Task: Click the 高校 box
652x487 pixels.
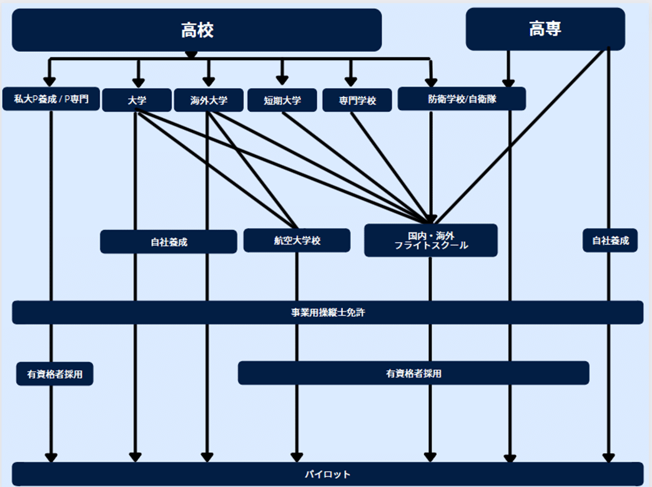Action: [197, 29]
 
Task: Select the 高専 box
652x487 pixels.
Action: [545, 29]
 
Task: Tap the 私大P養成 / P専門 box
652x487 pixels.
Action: [51, 99]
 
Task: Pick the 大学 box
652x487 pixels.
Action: [137, 99]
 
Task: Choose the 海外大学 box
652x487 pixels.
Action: [209, 99]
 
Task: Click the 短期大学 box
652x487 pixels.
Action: [282, 100]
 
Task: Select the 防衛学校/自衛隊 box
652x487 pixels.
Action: [462, 99]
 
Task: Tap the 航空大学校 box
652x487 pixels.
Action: [297, 240]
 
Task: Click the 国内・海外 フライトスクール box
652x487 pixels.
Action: [431, 240]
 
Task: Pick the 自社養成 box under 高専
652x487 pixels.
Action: [610, 240]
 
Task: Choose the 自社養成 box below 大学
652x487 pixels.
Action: [169, 242]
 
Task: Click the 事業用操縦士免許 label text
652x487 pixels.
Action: [328, 313]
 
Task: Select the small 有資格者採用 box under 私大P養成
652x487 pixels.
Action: [55, 374]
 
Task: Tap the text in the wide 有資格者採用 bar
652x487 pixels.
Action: [413, 373]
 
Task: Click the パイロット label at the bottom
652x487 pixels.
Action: [328, 474]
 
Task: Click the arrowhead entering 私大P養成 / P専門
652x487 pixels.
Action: [50, 81]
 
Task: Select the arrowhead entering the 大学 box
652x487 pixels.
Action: [139, 82]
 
